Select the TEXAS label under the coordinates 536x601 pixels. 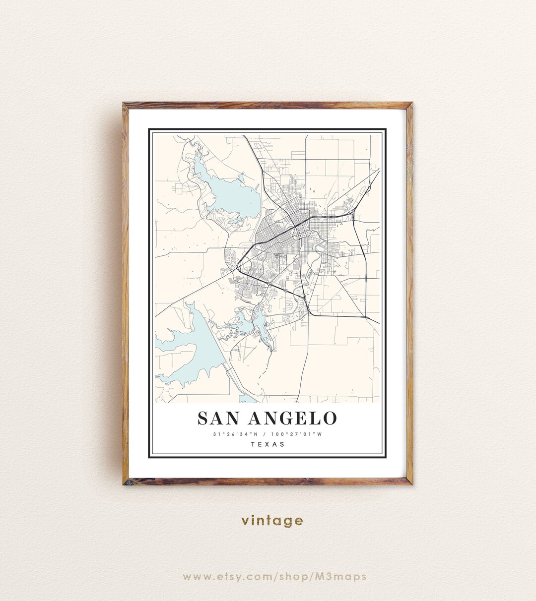[x=268, y=444]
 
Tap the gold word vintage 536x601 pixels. [x=272, y=521]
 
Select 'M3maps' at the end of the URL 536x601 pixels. [x=345, y=577]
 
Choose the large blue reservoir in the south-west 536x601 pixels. [x=191, y=347]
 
